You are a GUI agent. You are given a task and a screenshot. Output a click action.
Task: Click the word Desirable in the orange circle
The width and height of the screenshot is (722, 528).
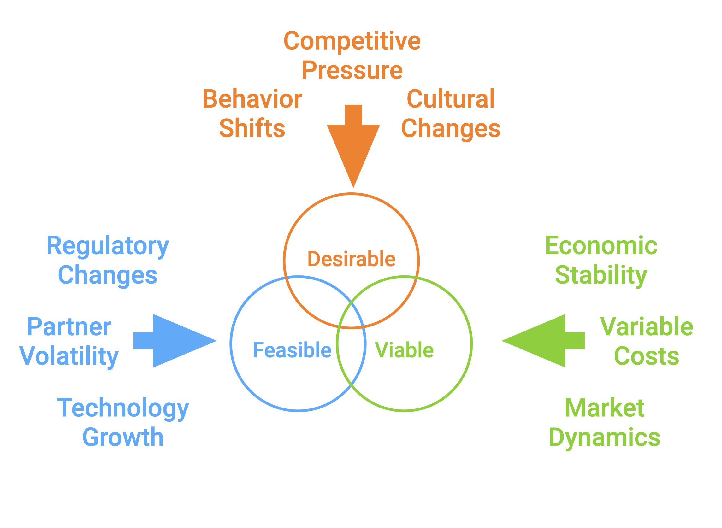(352, 259)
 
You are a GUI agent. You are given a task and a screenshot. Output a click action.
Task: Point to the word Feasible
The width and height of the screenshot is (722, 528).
(292, 350)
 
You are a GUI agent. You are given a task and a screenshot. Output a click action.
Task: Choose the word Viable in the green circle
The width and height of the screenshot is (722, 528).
(404, 350)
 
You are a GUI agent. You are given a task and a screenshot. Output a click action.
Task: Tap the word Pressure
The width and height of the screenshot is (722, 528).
(352, 70)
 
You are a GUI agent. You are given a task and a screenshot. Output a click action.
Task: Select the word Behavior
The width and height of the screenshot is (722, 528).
(252, 99)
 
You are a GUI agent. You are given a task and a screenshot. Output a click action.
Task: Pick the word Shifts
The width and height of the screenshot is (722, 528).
(252, 128)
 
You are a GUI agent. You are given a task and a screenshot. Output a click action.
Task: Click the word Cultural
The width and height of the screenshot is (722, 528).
(451, 99)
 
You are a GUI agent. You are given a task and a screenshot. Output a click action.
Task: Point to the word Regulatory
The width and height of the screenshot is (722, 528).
(108, 246)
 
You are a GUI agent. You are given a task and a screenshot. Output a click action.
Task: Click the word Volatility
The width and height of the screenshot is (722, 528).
(69, 356)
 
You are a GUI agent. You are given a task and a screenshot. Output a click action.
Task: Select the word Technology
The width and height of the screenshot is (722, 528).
(123, 408)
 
